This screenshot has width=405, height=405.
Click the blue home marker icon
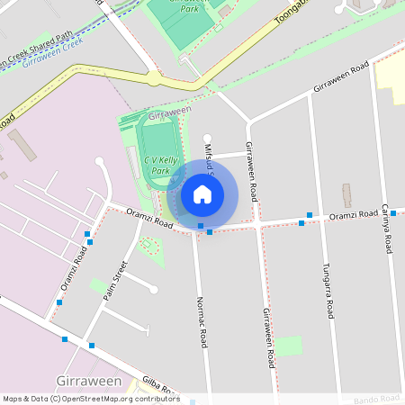(x=202, y=193)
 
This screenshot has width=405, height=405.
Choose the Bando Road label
(x=375, y=398)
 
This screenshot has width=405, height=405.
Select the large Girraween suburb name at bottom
(x=89, y=382)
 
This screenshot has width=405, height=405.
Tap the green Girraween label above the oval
(x=170, y=113)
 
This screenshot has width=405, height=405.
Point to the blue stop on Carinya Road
(x=393, y=213)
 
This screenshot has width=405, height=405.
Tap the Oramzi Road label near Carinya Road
(x=353, y=215)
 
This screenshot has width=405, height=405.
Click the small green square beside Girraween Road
(x=288, y=346)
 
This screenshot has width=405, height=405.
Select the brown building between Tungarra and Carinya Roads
(x=347, y=195)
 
